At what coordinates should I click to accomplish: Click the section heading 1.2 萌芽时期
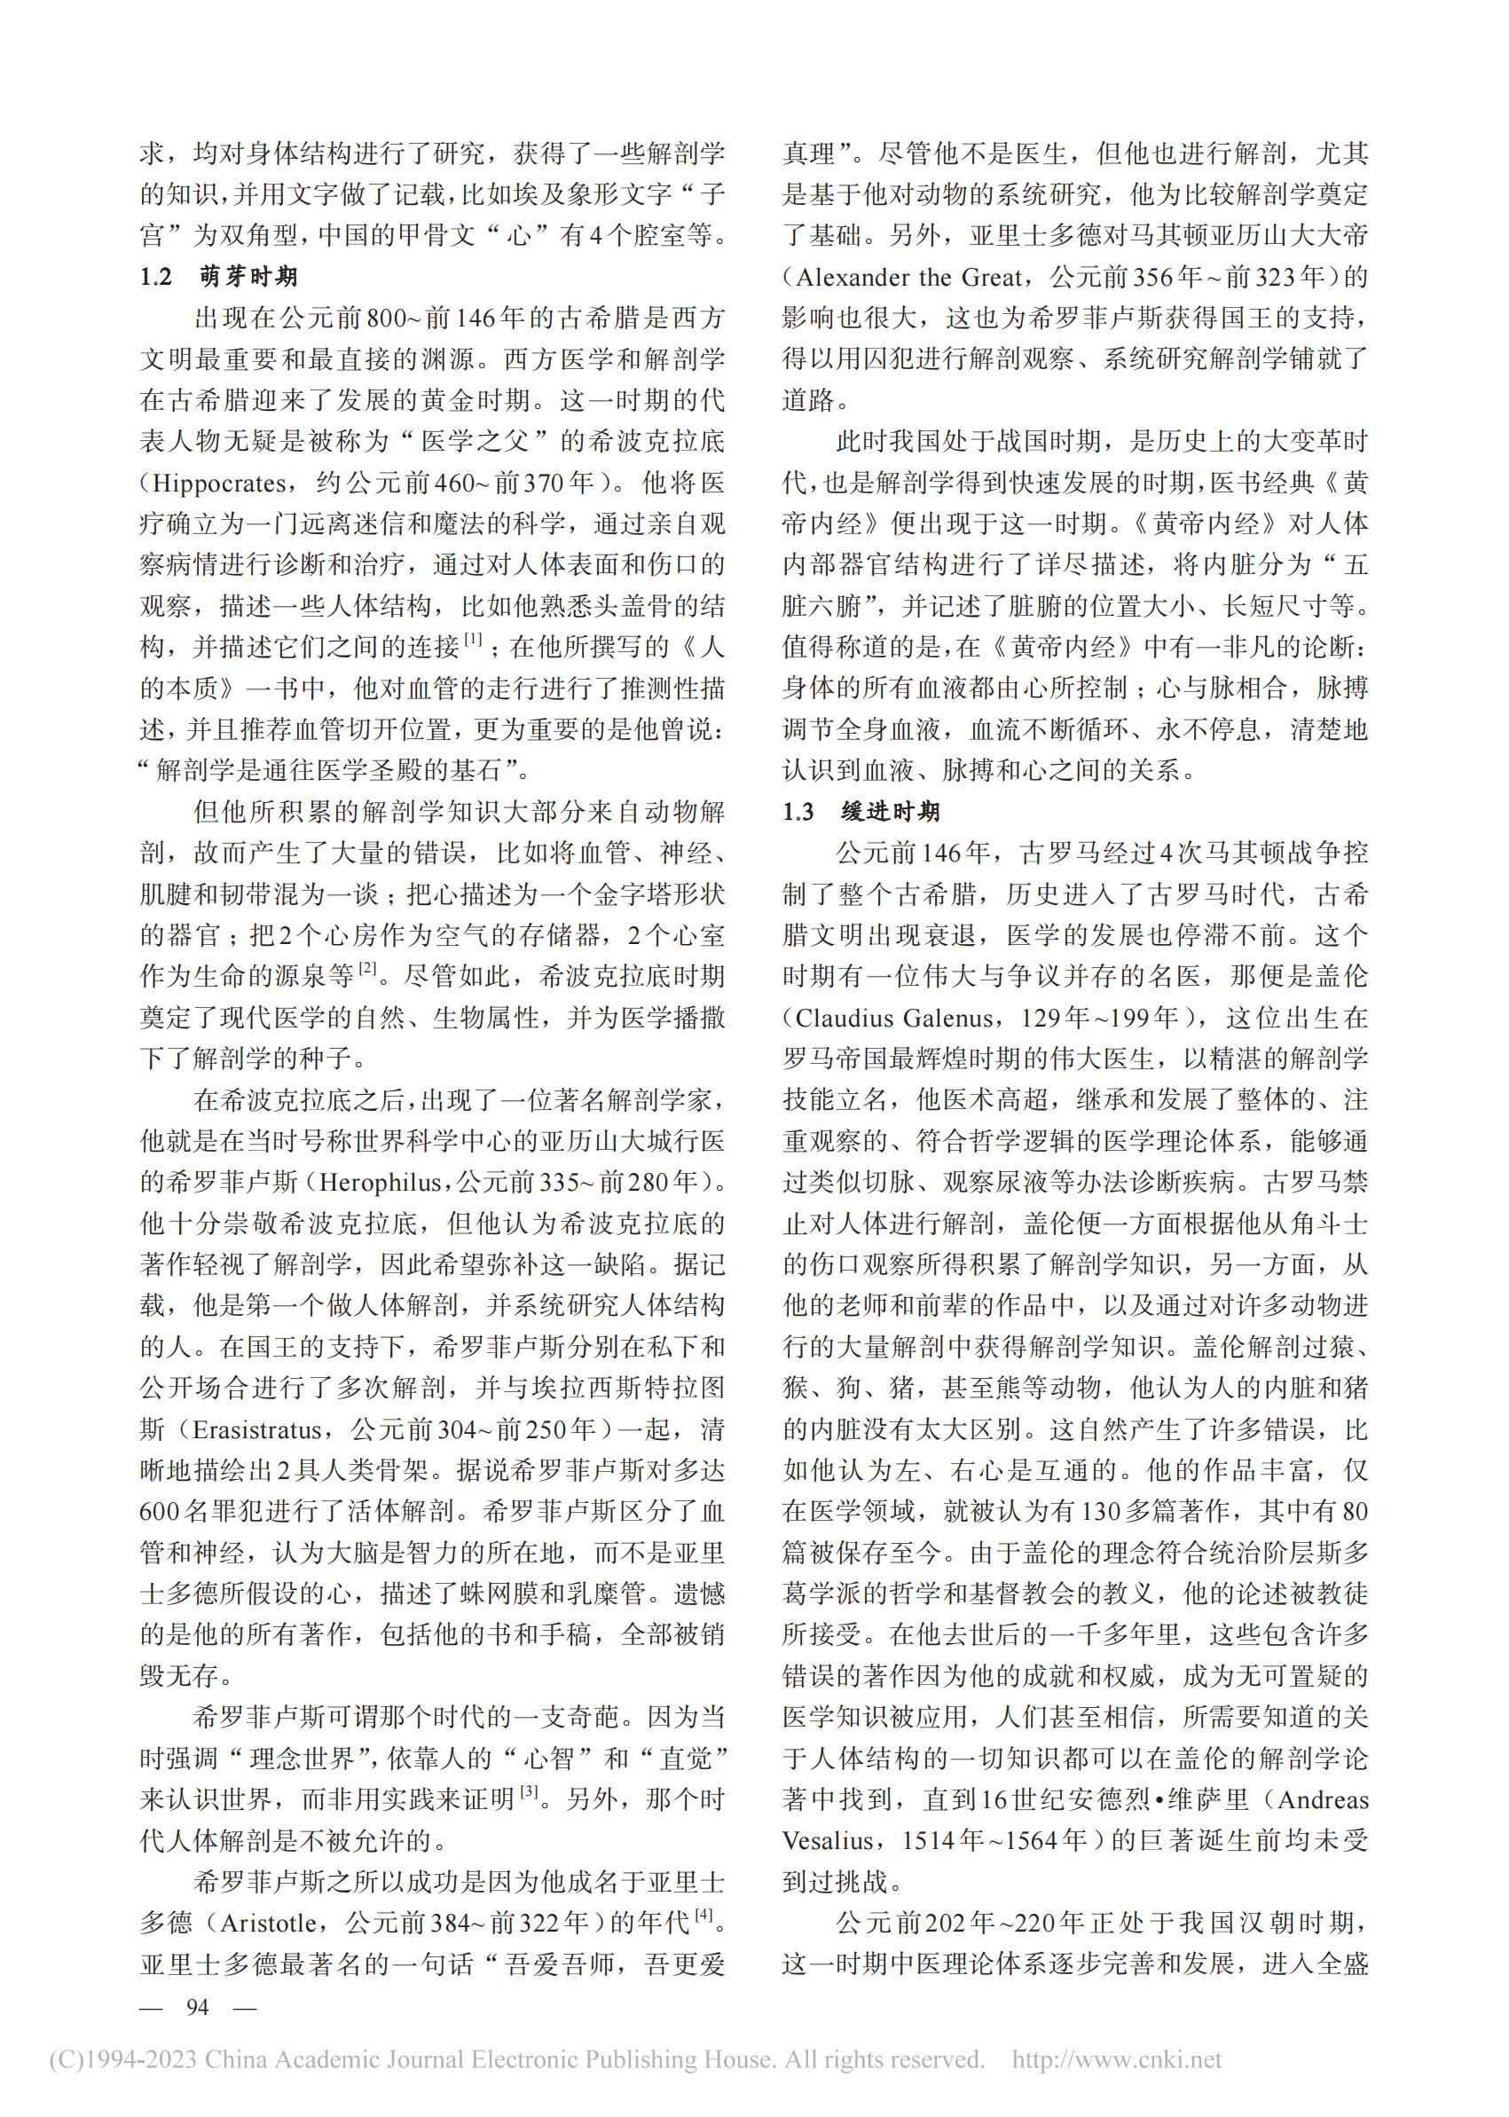tap(219, 277)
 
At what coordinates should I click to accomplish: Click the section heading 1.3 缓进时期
tap(861, 812)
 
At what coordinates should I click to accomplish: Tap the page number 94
tap(197, 2007)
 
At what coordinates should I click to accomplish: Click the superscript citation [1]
tap(474, 640)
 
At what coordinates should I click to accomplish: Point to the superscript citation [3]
tap(530, 1790)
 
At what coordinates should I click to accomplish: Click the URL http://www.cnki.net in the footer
tap(1117, 2060)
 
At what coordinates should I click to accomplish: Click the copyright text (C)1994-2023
tap(122, 2060)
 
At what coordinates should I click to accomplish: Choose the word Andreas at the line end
tap(1324, 1799)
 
